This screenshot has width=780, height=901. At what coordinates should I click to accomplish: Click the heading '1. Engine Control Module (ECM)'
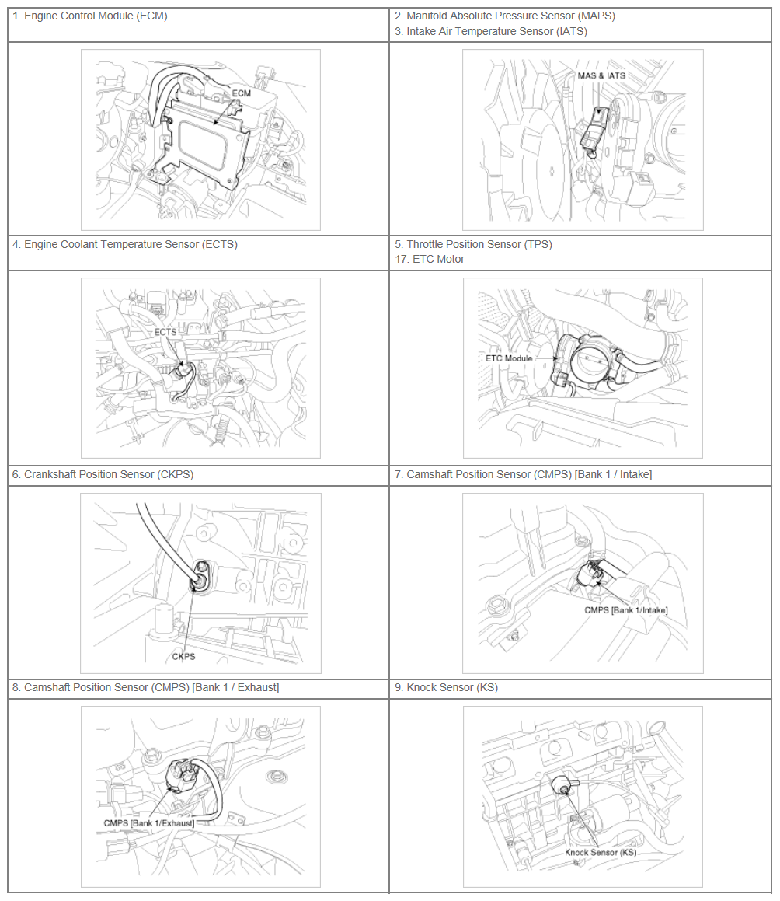tap(90, 16)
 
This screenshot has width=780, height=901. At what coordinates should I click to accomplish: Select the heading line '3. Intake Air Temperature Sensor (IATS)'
tap(491, 32)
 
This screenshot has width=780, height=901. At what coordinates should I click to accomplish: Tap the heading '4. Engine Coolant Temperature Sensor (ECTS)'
tap(125, 244)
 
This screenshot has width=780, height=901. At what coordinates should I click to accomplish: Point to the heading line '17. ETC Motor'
tap(430, 259)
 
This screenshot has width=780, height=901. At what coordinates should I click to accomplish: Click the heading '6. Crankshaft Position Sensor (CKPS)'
tap(103, 475)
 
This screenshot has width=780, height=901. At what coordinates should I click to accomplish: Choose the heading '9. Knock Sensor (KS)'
tap(446, 687)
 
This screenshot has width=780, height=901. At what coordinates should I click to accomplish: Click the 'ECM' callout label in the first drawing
tap(242, 93)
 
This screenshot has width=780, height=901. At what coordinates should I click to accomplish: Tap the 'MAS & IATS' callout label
tap(601, 75)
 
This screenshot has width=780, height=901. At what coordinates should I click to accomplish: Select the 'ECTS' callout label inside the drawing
tap(165, 332)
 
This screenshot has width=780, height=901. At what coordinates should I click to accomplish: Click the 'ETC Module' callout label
tap(509, 358)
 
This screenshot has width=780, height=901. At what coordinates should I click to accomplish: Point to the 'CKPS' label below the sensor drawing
tap(184, 656)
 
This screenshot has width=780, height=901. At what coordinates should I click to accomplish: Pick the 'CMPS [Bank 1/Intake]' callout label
tap(626, 610)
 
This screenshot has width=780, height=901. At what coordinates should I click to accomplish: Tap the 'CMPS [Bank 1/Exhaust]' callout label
tap(148, 822)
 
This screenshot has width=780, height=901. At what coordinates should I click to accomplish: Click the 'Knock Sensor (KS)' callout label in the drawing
tap(601, 852)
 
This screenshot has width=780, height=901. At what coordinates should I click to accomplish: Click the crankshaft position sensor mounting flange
tap(202, 576)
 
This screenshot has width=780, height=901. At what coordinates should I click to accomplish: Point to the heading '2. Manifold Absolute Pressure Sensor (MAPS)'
tap(505, 16)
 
